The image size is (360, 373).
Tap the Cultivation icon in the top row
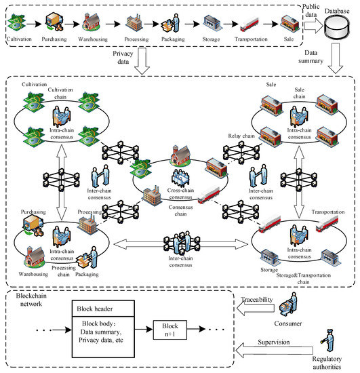pos(18,24)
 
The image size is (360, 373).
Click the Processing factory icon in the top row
pos(132,24)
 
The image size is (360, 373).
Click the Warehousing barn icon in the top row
pos(92,24)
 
